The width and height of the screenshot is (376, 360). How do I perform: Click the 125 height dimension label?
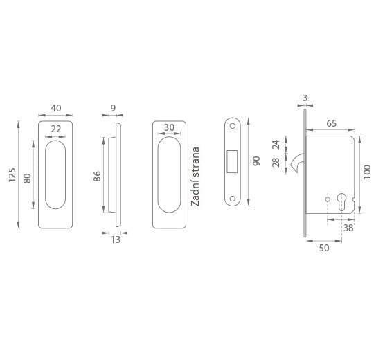12,174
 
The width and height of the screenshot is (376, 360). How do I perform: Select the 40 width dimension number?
56,108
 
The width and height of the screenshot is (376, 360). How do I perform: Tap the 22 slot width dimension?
56,129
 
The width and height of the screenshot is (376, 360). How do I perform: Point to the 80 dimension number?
27,179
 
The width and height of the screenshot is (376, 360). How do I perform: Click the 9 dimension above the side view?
113,108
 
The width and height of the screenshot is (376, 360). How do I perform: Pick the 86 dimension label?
97,176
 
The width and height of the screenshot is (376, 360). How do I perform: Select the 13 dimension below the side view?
116,240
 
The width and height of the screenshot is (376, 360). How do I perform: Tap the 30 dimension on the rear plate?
169,127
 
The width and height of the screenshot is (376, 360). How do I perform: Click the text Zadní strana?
195,177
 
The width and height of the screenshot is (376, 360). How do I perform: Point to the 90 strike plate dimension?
256,161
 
